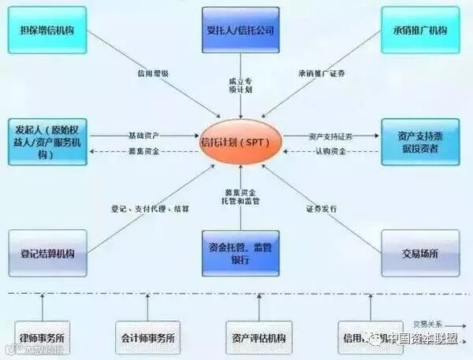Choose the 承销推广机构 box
[x=419, y=30]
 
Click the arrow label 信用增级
[x=152, y=74]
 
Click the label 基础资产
[x=143, y=135]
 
